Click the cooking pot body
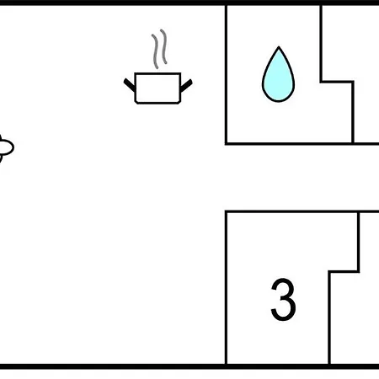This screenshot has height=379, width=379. pyautogui.click(x=157, y=88)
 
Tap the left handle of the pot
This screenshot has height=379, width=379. pyautogui.click(x=129, y=85)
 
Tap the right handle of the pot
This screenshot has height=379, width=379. pyautogui.click(x=186, y=86)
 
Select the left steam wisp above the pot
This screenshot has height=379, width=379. pyautogui.click(x=155, y=51)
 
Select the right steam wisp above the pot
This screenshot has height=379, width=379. pyautogui.click(x=164, y=46)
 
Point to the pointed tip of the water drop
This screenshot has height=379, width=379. pyautogui.click(x=279, y=46)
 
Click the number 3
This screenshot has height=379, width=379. pyautogui.click(x=283, y=299)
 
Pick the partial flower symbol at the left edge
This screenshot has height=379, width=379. pyautogui.click(x=6, y=148)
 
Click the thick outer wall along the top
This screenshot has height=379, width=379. pyautogui.click(x=189, y=3)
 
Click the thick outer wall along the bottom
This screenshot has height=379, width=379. pyautogui.click(x=189, y=366)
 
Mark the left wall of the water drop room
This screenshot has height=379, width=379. pyautogui.click(x=226, y=74)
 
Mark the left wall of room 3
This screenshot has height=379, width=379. pyautogui.click(x=226, y=287)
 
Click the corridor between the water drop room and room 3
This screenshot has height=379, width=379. pyautogui.click(x=302, y=178)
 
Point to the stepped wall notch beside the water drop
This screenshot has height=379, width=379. pyautogui.click(x=337, y=82)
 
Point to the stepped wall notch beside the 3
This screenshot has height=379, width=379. pyautogui.click(x=344, y=271)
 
